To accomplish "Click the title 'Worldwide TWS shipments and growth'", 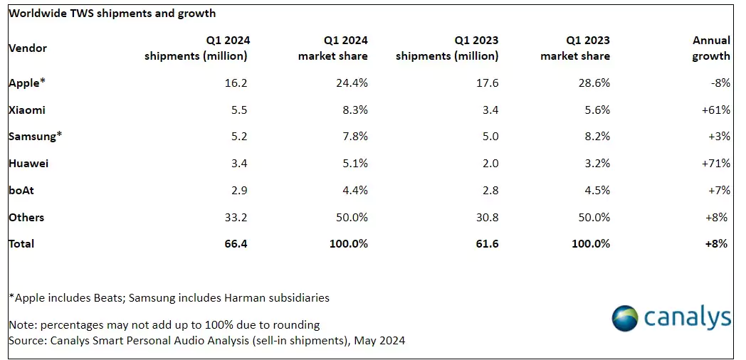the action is [112, 14].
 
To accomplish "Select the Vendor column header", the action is [28, 48].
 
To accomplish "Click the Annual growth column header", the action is [711, 48].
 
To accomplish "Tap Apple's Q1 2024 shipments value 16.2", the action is [237, 83].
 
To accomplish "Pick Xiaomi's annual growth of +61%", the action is [715, 110].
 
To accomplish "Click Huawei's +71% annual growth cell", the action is [715, 164].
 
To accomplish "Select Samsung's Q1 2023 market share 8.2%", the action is [597, 137].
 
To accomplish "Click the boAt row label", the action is [21, 190].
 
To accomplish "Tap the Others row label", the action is [26, 217].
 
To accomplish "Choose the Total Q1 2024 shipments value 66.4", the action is [237, 244].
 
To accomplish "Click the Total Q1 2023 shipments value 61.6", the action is [488, 244].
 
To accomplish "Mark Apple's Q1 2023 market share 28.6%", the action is [594, 83].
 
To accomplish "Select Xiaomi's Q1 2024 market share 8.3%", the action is [355, 110].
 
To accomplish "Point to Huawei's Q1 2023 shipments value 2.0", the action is [490, 164].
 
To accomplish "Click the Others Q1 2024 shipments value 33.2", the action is [237, 217].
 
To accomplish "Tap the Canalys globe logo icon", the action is [625, 318].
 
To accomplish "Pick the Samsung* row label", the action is [36, 137].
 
